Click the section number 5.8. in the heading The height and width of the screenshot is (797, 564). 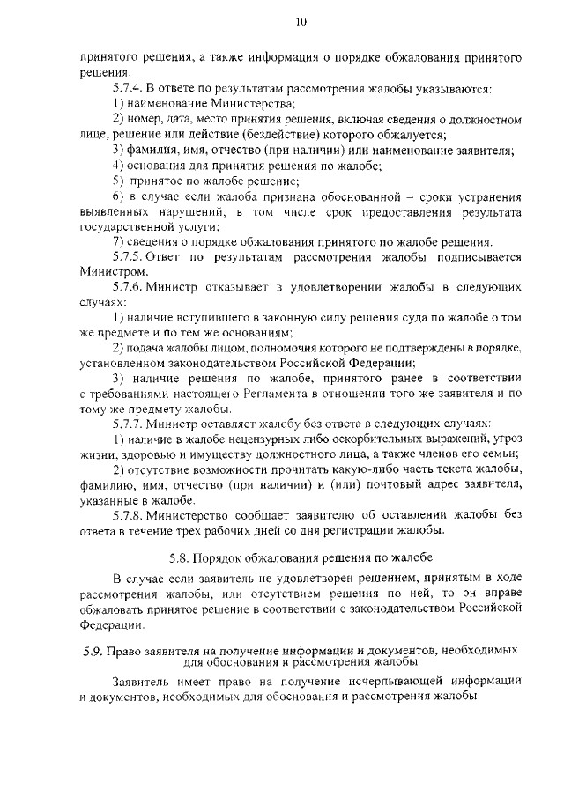tap(180, 557)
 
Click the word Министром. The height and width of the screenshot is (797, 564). tap(108, 272)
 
